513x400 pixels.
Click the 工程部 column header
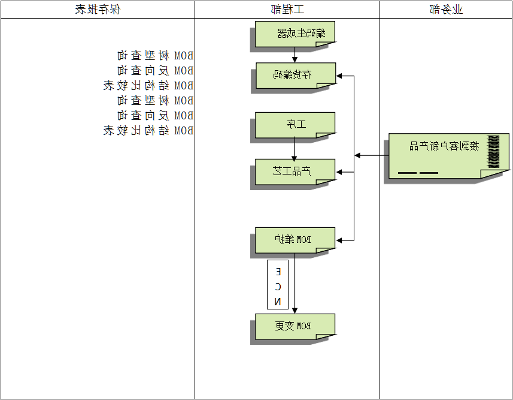click(287, 9)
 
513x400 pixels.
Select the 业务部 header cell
click(447, 9)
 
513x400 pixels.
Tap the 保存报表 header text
click(97, 9)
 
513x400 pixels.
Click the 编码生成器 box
click(295, 33)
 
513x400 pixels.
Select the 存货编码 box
click(295, 75)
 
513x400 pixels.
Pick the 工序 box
click(295, 124)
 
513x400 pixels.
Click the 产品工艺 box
click(295, 171)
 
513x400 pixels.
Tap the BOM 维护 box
click(295, 239)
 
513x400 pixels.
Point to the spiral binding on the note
click(493, 152)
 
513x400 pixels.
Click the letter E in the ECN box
click(278, 272)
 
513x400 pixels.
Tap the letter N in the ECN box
click(278, 301)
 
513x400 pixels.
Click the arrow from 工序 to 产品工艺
click(294, 148)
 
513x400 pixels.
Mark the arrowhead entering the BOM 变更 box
click(294, 310)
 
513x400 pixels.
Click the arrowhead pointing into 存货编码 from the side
click(339, 76)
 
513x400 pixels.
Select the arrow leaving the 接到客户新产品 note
click(371, 155)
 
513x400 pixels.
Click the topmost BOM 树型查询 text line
click(155, 56)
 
